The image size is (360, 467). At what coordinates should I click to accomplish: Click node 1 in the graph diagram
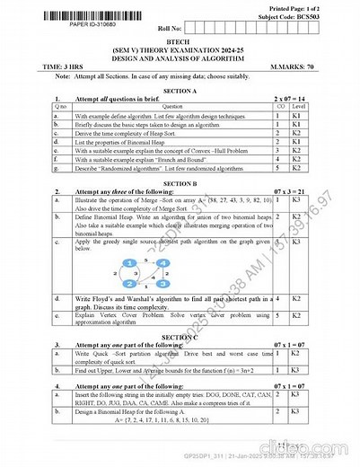[132, 261]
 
